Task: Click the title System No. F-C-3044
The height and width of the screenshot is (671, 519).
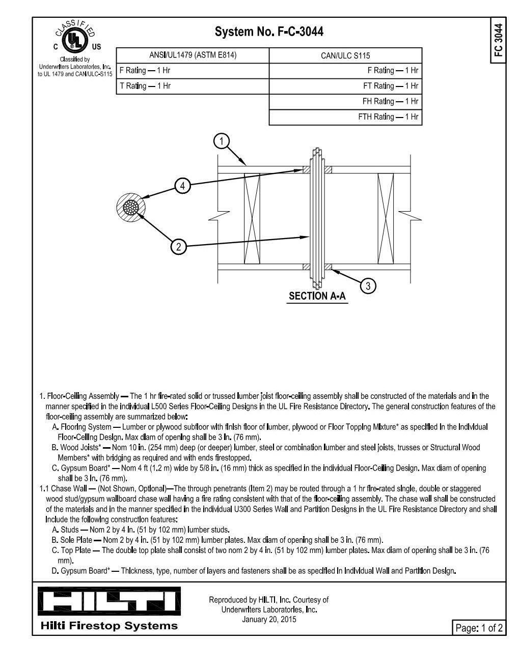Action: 269,32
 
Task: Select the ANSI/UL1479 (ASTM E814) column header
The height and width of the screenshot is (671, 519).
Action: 193,55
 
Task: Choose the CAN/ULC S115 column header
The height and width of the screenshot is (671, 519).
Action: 345,55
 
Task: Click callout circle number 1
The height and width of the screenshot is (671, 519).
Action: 221,141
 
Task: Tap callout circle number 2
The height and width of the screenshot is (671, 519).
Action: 178,247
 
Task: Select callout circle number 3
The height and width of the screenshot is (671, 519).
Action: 368,286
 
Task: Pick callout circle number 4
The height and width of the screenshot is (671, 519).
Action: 183,186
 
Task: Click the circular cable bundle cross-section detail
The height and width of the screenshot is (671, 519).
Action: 131,209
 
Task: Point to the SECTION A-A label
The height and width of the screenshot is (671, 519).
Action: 317,296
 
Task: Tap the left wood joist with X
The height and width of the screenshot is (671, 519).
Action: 252,219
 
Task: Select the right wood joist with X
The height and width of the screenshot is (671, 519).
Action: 386,219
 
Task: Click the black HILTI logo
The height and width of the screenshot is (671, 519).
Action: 109,601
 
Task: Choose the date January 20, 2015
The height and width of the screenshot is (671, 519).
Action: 268,619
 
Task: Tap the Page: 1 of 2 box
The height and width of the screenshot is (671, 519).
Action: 479,628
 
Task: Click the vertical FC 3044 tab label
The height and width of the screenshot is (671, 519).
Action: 498,40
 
